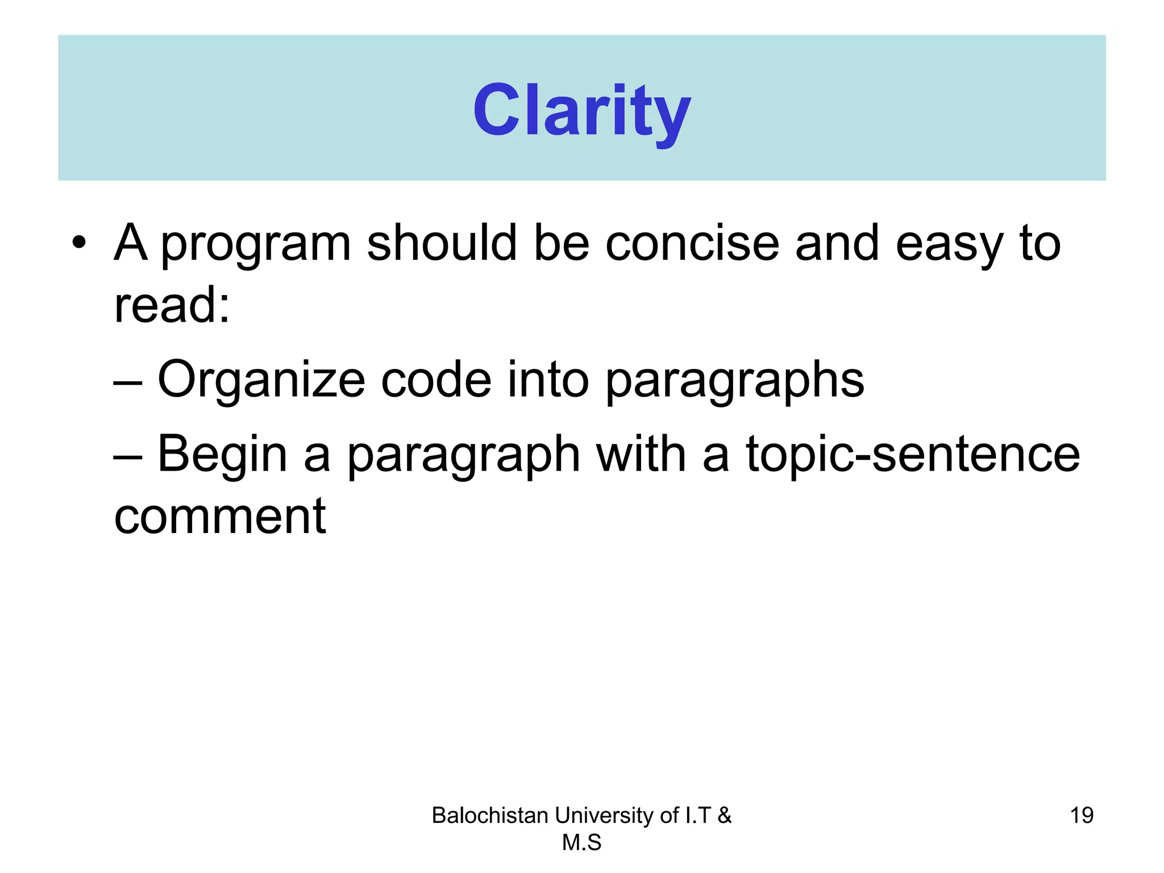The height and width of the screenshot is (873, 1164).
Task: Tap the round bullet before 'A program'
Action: (x=79, y=243)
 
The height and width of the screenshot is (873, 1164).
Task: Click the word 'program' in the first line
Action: (x=256, y=244)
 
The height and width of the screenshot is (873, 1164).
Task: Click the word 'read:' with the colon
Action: (x=172, y=305)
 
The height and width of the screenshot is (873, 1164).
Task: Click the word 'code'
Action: (x=436, y=380)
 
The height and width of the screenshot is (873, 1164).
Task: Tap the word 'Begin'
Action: (x=222, y=455)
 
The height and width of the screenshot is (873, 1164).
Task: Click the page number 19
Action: (x=1081, y=816)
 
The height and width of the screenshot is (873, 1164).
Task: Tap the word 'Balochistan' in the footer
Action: (x=489, y=816)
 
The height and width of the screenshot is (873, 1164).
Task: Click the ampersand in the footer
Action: (x=724, y=816)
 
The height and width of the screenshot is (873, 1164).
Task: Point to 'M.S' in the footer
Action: (x=581, y=843)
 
